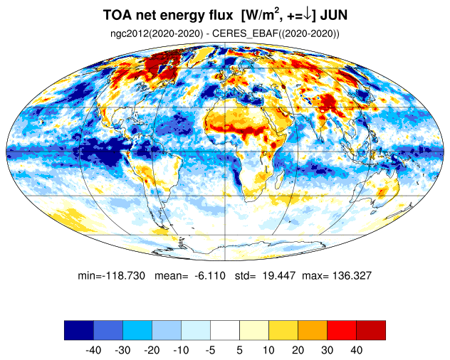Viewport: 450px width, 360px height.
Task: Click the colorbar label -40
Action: click(x=93, y=350)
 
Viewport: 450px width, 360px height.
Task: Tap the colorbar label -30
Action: click(x=122, y=350)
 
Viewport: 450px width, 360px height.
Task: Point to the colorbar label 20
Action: click(x=298, y=350)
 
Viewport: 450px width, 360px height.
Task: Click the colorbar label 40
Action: click(x=356, y=350)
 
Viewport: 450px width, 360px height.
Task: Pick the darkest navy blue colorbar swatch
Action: click(x=79, y=330)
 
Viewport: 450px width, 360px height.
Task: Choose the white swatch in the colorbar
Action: click(x=225, y=330)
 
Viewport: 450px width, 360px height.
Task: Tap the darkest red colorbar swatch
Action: click(x=371, y=330)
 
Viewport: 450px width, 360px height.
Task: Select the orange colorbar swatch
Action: click(x=313, y=330)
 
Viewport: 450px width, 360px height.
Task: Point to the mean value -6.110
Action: click(x=210, y=275)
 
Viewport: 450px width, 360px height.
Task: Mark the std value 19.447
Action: click(x=279, y=275)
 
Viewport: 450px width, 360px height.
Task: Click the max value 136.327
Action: click(x=352, y=275)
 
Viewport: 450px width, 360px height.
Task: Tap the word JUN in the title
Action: click(x=334, y=15)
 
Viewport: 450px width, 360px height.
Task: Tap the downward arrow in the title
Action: click(x=307, y=15)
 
